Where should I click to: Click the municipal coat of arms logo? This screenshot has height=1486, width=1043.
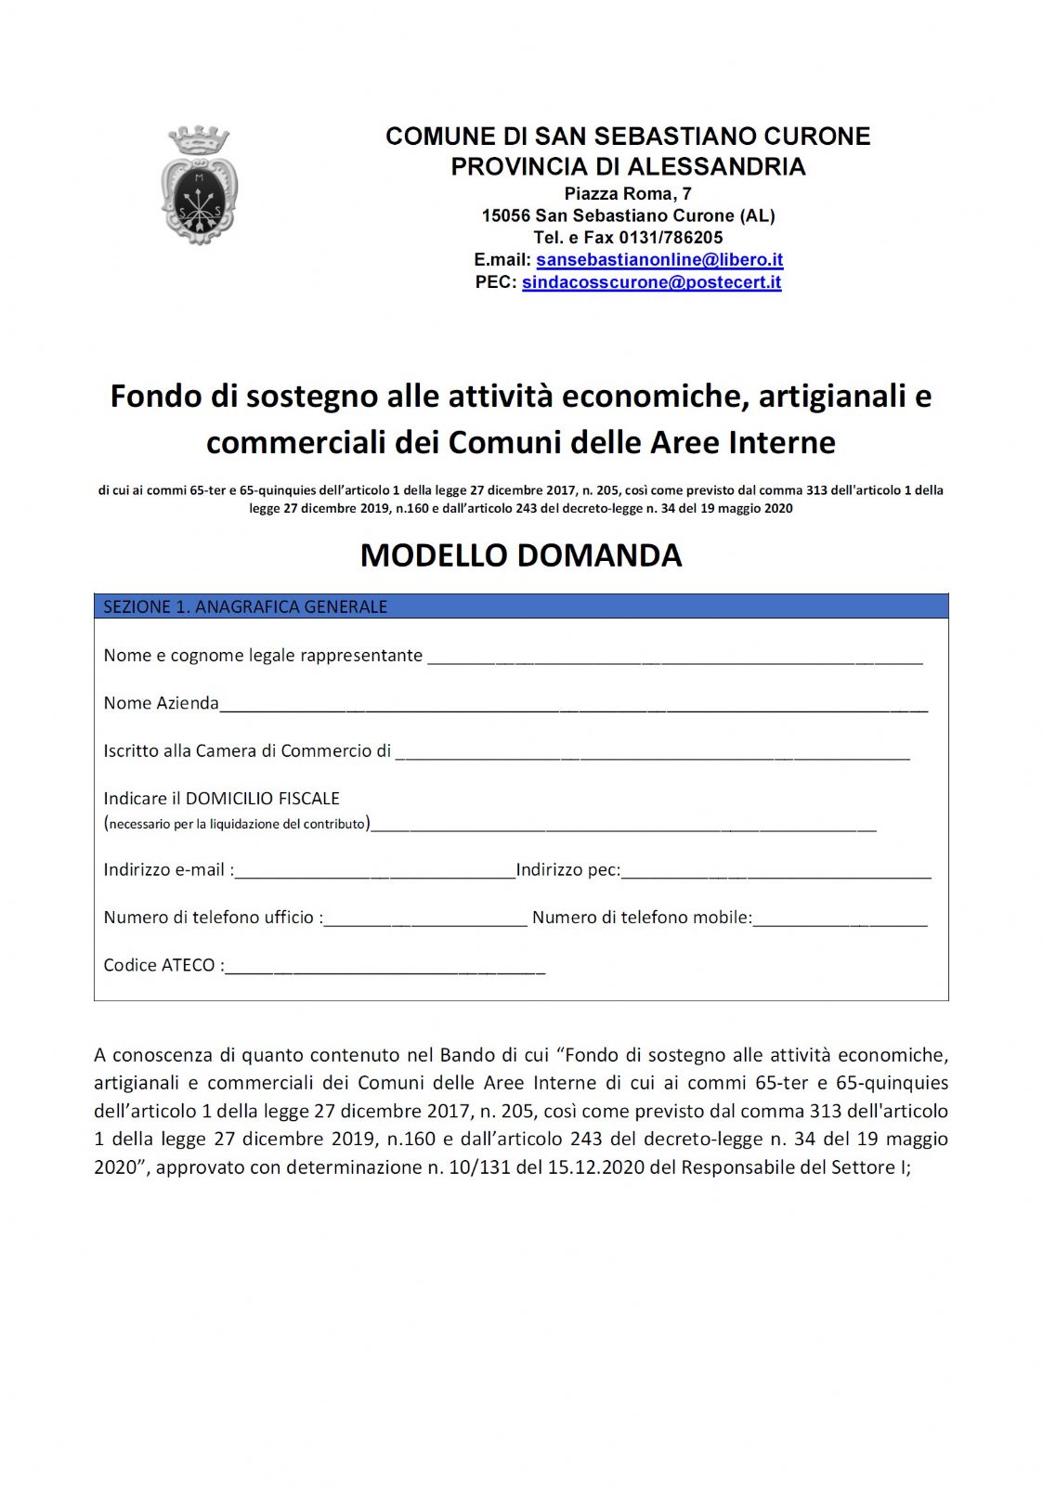coord(199,186)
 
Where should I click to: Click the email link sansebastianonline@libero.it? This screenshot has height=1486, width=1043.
coord(659,260)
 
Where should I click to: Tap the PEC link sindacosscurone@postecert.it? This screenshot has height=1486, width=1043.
coord(651,282)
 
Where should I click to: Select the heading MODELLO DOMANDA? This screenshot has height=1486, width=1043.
coord(521,555)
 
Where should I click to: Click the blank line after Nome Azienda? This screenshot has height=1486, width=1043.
coord(573,706)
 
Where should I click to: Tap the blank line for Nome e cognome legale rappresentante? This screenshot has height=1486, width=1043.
coord(674,658)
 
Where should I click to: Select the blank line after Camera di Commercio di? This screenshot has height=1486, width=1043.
coord(652,754)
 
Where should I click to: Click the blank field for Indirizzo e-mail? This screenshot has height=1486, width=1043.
coord(374,873)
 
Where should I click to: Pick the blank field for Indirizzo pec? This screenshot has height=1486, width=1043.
coord(776,873)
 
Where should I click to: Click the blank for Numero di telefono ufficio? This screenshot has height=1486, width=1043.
coord(425,920)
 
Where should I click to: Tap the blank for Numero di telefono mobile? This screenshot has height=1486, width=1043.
coord(840,920)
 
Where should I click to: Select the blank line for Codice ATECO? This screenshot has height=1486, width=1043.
coord(385,969)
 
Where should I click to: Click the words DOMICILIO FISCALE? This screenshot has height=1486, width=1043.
coord(263,799)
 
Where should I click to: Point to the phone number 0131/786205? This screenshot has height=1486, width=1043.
coord(671,238)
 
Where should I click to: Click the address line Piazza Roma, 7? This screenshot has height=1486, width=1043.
coord(628,194)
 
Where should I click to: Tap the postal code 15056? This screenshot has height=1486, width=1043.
coord(505,215)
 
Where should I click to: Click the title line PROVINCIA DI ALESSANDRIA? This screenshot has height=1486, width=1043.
coord(628,167)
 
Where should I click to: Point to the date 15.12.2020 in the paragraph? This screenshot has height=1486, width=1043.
coord(595,1167)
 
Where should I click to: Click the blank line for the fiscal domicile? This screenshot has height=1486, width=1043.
coord(622,826)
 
